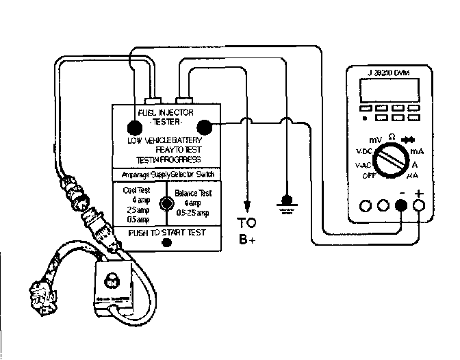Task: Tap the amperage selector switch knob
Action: [x=164, y=203]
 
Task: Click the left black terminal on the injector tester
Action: [x=134, y=126]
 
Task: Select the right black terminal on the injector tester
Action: [x=203, y=126]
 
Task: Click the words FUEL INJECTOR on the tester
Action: [x=166, y=112]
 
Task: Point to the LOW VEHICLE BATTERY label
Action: [x=164, y=140]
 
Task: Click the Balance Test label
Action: [x=194, y=194]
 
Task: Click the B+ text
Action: [x=247, y=240]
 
